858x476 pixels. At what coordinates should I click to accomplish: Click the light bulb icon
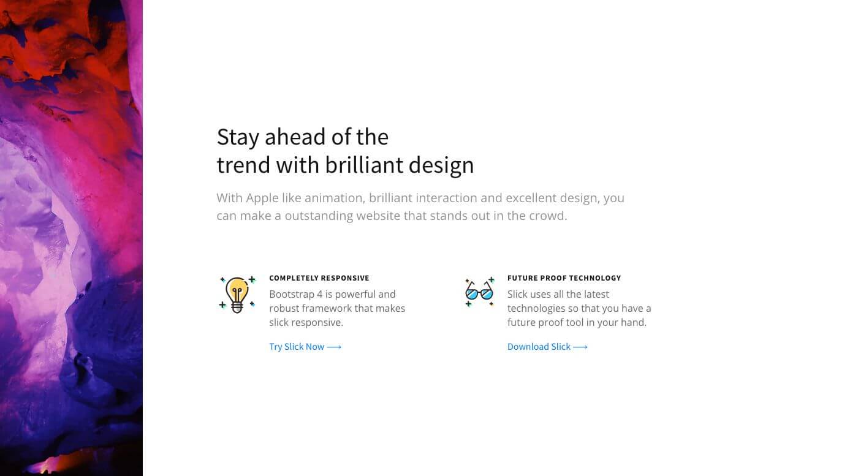[237, 295]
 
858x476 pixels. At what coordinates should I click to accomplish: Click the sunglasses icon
[479, 292]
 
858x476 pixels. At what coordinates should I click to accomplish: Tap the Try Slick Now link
[305, 347]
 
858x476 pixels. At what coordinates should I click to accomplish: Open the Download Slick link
[547, 347]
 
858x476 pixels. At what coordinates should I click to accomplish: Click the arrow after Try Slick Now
[334, 347]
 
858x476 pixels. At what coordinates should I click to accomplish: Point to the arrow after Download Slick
[580, 347]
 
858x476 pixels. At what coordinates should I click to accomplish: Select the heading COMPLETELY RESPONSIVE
[319, 278]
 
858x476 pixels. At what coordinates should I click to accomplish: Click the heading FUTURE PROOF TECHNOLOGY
[564, 278]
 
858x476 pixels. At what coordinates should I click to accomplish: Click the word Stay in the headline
[238, 137]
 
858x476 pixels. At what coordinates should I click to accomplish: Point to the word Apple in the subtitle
[262, 198]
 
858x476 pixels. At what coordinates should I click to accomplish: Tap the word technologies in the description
[536, 309]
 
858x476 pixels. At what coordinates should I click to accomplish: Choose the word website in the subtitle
[379, 216]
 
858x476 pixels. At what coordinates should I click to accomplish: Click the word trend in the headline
[244, 165]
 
